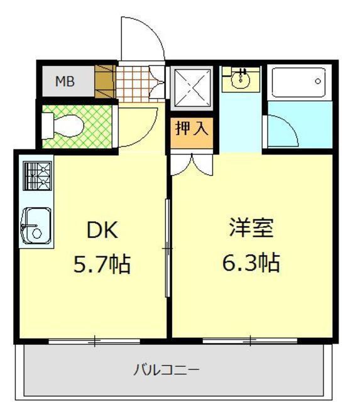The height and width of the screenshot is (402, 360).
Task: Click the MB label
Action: [65, 82]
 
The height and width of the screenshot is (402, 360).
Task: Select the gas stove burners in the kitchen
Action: [38, 176]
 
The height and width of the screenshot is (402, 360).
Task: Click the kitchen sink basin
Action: [36, 226]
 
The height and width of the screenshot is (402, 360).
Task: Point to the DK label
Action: [102, 230]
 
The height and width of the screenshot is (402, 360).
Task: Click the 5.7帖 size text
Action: [102, 264]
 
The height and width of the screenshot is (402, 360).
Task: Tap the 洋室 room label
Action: [251, 227]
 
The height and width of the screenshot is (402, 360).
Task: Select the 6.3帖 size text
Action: [251, 262]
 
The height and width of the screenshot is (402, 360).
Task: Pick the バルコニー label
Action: [166, 370]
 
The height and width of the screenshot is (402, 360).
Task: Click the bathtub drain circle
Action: [318, 81]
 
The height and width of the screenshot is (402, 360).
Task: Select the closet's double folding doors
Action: [192, 165]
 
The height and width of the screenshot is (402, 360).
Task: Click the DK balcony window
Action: [94, 341]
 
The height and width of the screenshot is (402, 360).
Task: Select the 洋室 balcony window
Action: [250, 341]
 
